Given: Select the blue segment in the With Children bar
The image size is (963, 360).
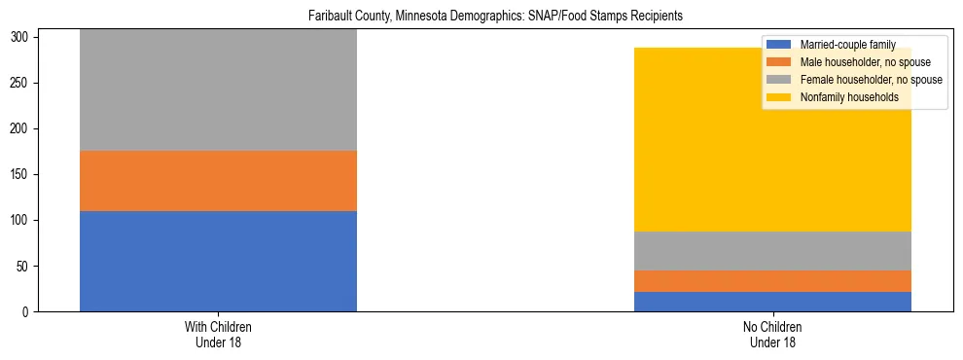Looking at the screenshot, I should (218, 261).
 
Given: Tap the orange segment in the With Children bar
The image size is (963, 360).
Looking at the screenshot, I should (218, 181).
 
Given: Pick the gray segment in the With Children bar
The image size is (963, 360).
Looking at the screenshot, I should (218, 90).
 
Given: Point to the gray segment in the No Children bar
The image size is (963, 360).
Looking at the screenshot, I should (772, 251).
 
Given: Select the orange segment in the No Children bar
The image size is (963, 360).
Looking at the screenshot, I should (772, 281).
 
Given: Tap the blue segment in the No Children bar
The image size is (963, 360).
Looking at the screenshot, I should (772, 302).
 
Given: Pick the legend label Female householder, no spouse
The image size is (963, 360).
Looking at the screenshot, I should (871, 80).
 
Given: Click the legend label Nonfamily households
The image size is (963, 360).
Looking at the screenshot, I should (849, 97).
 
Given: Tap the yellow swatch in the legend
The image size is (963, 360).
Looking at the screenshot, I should (779, 97).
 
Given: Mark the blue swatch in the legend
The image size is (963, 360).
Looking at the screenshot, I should (779, 45).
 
